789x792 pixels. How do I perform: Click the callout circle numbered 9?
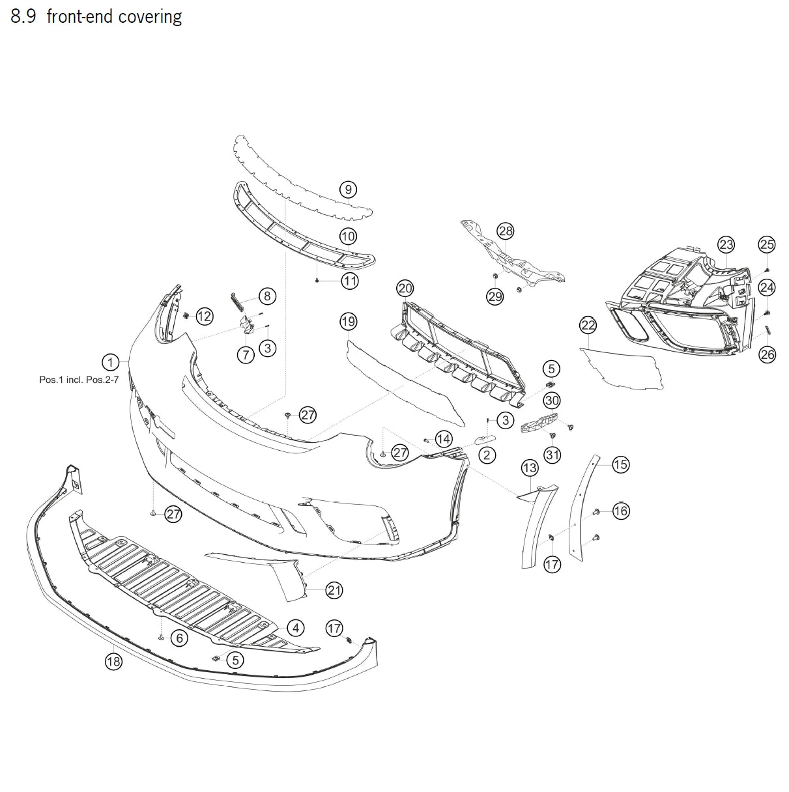pos(349,190)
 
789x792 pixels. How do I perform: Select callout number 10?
pos(349,236)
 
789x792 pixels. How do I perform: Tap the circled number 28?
pos(506,231)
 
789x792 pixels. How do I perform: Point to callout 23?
pos(726,245)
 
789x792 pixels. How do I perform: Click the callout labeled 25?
pos(767,244)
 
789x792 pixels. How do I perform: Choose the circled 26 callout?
pos(767,355)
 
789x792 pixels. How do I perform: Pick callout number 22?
pos(588,325)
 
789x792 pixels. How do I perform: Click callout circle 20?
pos(405,289)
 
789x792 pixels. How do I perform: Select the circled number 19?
pos(349,321)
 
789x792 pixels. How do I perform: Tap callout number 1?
pos(111,362)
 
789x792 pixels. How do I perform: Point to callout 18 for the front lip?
pos(114,662)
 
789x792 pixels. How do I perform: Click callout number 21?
pos(334,591)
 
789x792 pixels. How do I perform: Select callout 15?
pos(620,464)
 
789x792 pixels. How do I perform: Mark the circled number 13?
pos(530,468)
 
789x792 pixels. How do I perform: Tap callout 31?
pos(552,455)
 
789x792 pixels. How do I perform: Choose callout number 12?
pos(205,317)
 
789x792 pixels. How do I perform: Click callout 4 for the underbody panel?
pos(296,628)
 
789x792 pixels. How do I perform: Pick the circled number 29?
pos(495,296)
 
